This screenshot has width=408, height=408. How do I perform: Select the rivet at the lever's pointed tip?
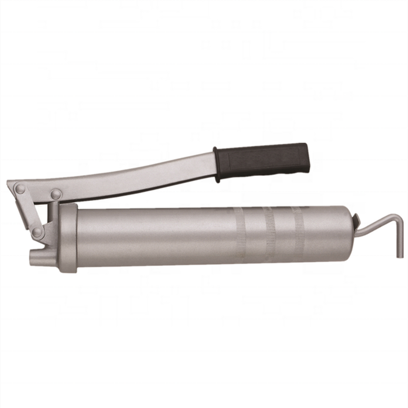[x=20, y=189]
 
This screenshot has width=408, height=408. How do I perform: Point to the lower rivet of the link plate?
[x=37, y=232]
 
